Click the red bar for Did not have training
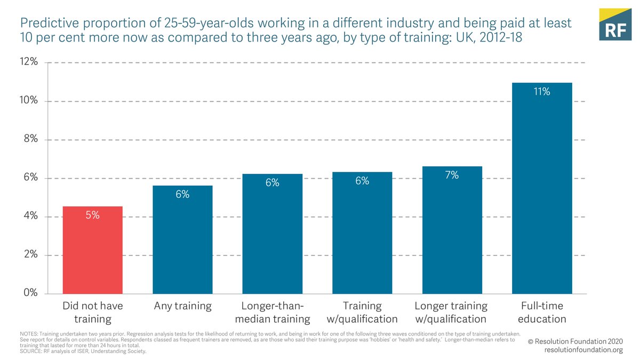click(93, 250)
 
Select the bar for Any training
click(182, 240)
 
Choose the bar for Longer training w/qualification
click(452, 230)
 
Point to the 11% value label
click(541, 92)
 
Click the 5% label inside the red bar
click(93, 215)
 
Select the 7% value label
click(452, 175)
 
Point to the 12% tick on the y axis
click(29, 62)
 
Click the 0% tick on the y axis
click(31, 293)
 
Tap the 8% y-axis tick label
click(31, 139)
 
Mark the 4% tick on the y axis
click(31, 217)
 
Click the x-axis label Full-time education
click(541, 313)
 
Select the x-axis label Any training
click(182, 306)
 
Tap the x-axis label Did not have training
click(93, 313)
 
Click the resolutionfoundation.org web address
click(583, 350)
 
